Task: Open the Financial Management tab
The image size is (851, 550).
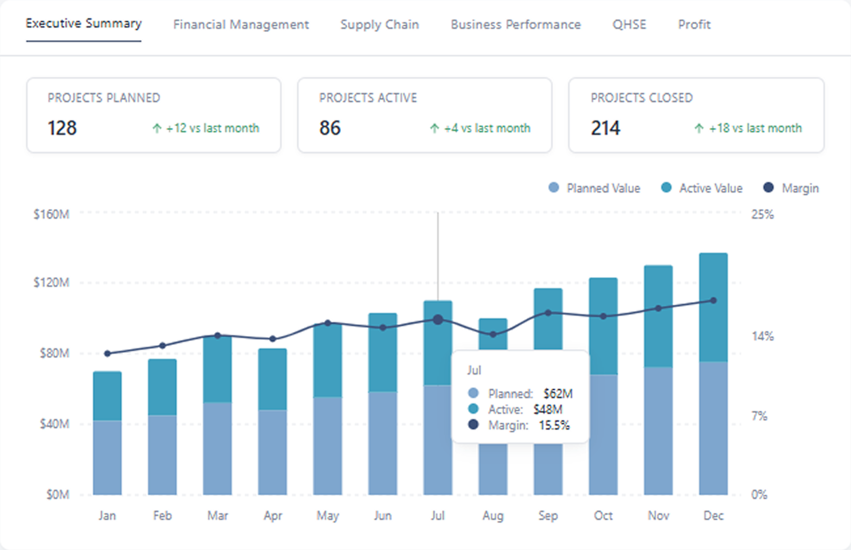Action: click(241, 25)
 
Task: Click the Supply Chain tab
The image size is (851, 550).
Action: click(380, 25)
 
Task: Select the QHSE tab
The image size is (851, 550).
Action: click(629, 25)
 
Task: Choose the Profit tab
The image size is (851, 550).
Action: click(694, 25)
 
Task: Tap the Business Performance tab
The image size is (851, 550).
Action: click(515, 25)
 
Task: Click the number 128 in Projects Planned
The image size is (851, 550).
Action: click(62, 128)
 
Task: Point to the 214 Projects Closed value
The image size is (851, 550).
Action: click(606, 128)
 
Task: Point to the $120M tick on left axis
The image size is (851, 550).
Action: click(51, 283)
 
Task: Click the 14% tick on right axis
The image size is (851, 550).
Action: click(762, 337)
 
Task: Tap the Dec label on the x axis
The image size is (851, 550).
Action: click(714, 516)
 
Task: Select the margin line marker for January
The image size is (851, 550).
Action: click(107, 354)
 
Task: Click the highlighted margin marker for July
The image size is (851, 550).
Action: click(438, 320)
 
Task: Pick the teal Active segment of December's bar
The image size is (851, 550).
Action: click(714, 308)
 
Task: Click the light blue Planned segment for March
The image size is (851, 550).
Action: click(217, 449)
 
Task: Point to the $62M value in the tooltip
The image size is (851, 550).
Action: click(558, 394)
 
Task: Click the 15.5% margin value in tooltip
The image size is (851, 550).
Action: click(554, 425)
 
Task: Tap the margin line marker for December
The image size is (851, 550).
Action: click(714, 301)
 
